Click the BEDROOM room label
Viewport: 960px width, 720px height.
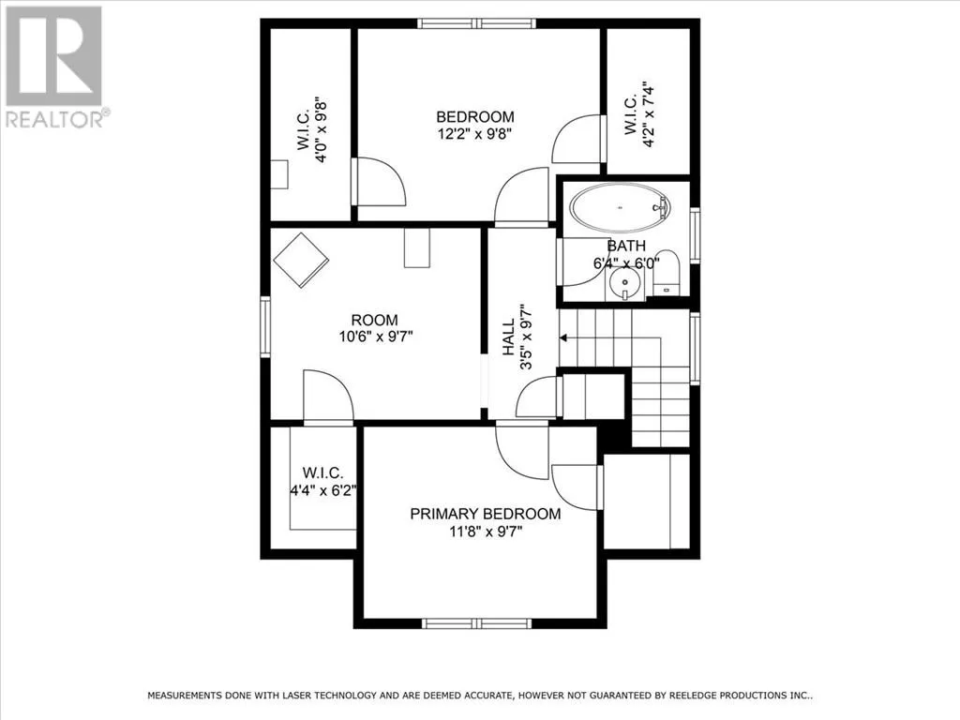pos(475,116)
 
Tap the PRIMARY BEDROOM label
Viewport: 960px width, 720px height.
pos(486,514)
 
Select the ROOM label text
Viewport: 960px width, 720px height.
pos(374,320)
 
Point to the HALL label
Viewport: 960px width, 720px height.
pos(509,337)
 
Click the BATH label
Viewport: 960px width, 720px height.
pos(626,246)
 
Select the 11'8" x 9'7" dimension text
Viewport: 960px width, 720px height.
pos(486,532)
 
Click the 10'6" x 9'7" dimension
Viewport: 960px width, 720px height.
pos(376,337)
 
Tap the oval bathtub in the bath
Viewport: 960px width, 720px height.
pos(621,207)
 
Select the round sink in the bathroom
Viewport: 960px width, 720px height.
pos(625,283)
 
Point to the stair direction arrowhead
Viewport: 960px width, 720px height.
pos(563,337)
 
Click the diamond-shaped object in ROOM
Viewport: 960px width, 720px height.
pos(301,261)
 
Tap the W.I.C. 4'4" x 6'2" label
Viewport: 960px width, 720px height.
pos(322,481)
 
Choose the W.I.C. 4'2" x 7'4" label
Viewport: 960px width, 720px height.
pos(639,114)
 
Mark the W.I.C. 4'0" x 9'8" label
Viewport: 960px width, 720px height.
pos(312,128)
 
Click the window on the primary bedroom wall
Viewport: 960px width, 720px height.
pos(477,623)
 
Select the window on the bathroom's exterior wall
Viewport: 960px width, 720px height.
pos(695,235)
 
